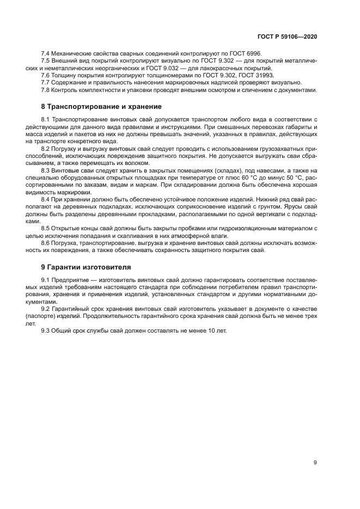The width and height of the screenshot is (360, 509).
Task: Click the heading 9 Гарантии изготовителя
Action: click(86, 267)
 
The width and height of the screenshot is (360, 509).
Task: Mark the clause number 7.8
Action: click(46, 90)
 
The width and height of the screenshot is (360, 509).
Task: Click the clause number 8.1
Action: click(46, 119)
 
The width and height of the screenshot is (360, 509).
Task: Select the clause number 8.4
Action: click(46, 200)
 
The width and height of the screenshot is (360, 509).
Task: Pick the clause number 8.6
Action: click(46, 243)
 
